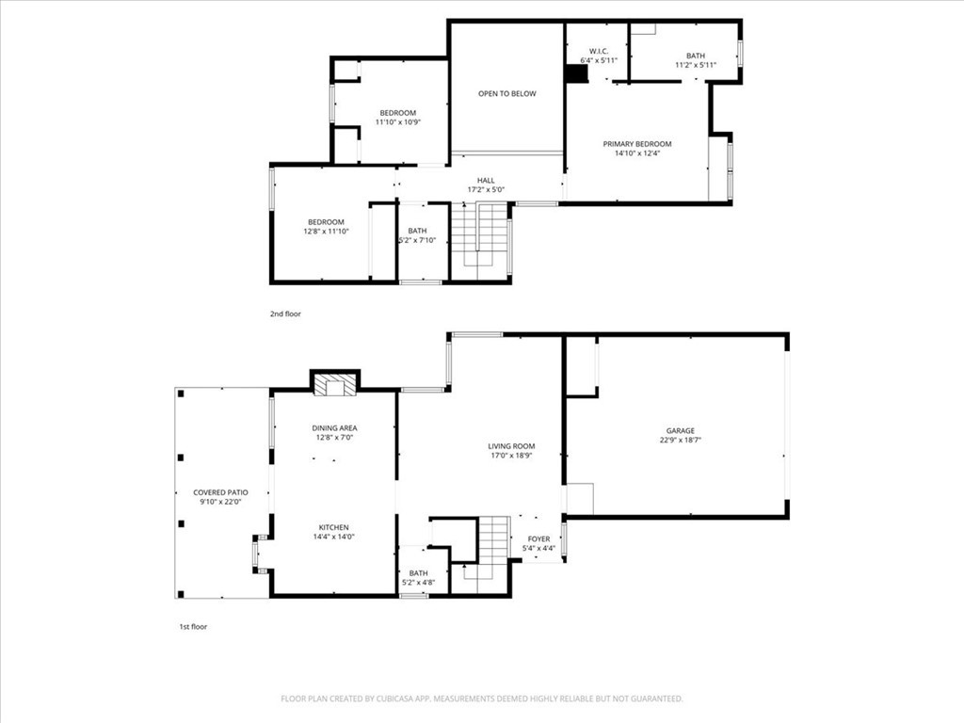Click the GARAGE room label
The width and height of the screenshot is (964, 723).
coord(680,431)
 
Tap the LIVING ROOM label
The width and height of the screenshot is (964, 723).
coord(511,446)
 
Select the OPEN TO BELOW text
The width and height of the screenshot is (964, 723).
coord(507,93)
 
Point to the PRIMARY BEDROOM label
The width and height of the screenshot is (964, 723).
coord(637,144)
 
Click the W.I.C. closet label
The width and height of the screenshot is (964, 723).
coord(599,51)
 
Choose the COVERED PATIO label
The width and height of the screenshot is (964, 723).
coord(220,492)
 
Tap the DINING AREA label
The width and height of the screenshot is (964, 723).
coord(334,428)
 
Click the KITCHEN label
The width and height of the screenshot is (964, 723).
coord(334,527)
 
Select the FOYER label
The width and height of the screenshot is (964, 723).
coord(538,539)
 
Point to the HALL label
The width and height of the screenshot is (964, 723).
coord(486,181)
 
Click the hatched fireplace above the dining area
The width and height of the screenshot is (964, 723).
coord(335,384)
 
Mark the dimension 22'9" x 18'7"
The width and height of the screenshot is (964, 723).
coord(681,441)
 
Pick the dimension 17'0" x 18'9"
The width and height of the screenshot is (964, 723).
coord(511,456)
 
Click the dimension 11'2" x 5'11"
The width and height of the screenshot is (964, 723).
coord(696,65)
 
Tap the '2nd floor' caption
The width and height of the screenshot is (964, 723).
coord(285,314)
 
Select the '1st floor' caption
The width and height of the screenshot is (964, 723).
coord(193,627)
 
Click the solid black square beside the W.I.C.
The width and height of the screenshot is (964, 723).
coord(577,73)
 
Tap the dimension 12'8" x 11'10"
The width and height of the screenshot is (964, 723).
coord(326,232)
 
